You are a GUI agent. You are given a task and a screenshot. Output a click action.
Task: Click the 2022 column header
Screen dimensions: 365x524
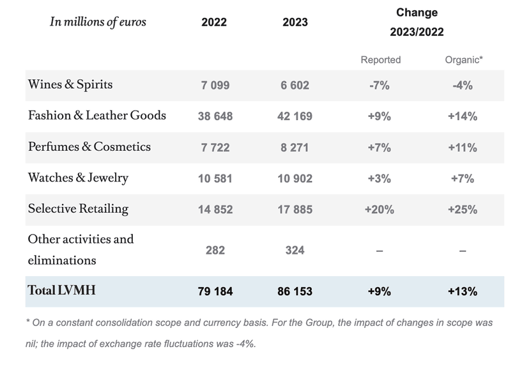[x=214, y=22]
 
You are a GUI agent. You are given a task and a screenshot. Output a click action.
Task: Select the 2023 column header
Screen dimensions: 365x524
[x=295, y=22]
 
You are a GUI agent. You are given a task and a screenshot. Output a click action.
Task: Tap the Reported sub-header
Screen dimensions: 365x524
[x=380, y=59]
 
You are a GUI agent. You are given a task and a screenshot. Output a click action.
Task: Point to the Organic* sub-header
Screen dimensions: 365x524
[x=463, y=59]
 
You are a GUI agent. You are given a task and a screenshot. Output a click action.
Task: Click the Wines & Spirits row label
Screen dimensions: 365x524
[x=70, y=85]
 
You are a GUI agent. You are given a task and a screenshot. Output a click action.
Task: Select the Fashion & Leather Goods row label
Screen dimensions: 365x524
[x=97, y=116]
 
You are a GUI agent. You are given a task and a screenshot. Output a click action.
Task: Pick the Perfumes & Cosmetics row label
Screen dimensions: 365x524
[x=89, y=147]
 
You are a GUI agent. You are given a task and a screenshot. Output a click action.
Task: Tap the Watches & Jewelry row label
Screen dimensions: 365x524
[x=78, y=178]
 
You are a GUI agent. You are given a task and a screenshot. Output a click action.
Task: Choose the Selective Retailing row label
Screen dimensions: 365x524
[x=78, y=209]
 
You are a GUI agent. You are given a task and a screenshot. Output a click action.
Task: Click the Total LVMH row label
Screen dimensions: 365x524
[x=61, y=291]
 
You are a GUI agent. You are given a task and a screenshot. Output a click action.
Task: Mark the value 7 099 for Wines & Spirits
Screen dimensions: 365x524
[x=215, y=86]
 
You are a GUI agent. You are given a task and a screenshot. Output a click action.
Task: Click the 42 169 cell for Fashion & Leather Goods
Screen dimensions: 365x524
[x=295, y=116]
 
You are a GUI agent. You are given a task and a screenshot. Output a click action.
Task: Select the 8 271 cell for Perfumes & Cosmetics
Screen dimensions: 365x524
[x=295, y=148]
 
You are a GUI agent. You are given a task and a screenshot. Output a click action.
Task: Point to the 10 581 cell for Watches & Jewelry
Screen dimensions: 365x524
[x=215, y=178]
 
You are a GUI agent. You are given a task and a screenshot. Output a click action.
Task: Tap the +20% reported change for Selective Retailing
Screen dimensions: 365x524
[x=380, y=210]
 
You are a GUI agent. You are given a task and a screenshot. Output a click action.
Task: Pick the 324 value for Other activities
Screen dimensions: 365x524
[x=295, y=250]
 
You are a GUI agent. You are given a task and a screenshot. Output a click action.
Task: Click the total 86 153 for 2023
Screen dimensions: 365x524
[x=295, y=291]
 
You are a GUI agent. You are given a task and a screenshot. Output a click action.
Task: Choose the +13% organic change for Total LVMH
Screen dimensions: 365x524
[x=463, y=291]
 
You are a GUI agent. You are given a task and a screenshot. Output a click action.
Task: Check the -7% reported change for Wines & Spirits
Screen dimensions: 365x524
[x=380, y=86]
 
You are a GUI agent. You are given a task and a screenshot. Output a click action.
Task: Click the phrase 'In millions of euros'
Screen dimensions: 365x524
[x=98, y=22]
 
